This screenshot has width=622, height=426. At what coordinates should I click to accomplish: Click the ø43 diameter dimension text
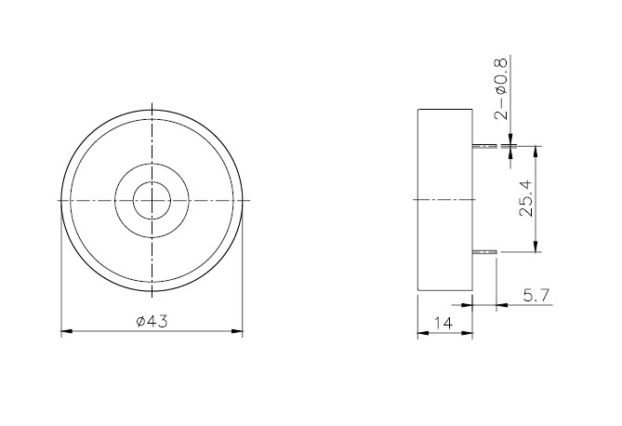pos(151,321)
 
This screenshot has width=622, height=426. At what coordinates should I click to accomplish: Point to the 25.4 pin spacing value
pos(526,199)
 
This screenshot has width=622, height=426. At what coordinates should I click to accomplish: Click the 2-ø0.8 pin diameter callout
pos(501,90)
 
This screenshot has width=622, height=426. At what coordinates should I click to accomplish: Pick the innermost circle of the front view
pos(151,199)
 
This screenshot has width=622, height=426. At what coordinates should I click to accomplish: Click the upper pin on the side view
pos(487,146)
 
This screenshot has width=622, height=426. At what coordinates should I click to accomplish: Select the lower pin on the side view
pos(487,251)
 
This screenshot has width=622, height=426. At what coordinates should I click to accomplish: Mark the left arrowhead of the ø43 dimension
pos(65,330)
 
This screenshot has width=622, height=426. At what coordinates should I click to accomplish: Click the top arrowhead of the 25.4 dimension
pos(536,150)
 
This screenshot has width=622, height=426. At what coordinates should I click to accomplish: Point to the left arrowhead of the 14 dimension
pos(421,333)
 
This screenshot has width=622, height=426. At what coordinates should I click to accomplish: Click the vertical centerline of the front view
pos(151,140)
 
